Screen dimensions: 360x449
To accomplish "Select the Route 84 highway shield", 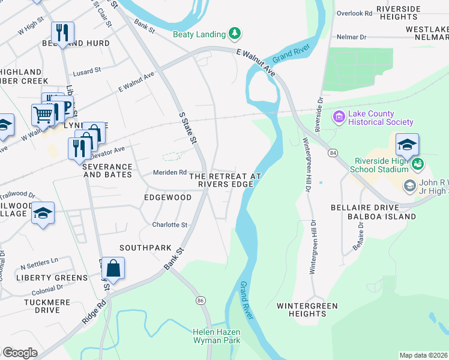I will (332, 154).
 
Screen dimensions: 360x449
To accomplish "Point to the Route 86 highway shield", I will (200, 299).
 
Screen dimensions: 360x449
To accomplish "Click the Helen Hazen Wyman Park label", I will (216, 336).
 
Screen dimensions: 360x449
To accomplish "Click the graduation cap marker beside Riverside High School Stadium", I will (407, 145).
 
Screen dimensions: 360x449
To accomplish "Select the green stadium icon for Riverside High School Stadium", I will (418, 163).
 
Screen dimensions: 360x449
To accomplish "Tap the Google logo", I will (19, 353).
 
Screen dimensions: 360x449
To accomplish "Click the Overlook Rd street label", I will (355, 13).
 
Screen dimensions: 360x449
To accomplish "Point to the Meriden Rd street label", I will (169, 172).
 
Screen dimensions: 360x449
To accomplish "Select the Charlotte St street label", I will (170, 225).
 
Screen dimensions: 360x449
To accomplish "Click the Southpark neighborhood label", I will (145, 248).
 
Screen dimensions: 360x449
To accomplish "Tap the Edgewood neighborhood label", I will (167, 197).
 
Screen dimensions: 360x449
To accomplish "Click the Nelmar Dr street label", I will (352, 37).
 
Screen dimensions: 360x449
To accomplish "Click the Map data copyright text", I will (423, 355).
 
